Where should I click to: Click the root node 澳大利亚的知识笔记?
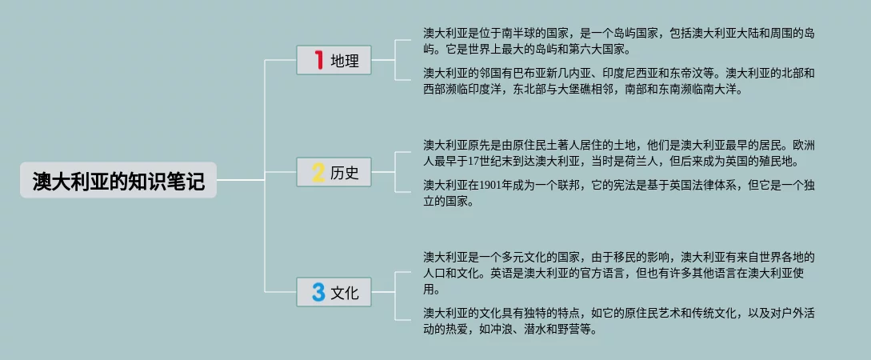click(x=118, y=181)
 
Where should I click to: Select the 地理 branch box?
click(x=334, y=60)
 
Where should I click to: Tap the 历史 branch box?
click(x=334, y=172)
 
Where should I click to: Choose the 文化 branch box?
click(x=334, y=293)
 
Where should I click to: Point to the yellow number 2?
click(x=318, y=172)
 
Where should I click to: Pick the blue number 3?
click(x=318, y=293)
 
